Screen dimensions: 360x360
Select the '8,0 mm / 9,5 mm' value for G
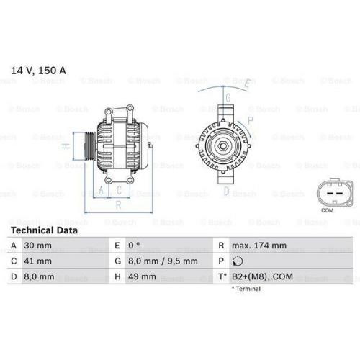pyautogui.click(x=162, y=261)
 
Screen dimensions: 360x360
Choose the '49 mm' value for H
pyautogui.click(x=142, y=276)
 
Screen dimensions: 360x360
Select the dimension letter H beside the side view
pyautogui.click(x=66, y=146)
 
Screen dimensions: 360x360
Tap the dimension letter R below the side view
pyautogui.click(x=117, y=204)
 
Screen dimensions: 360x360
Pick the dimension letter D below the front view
pyautogui.click(x=226, y=192)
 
